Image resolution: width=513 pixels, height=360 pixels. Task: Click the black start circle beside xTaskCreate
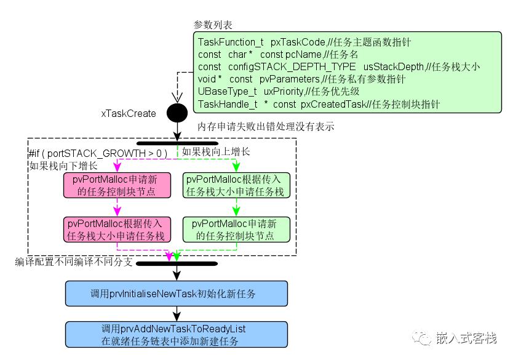coord(177,113)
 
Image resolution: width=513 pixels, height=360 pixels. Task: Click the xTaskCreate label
coord(129,114)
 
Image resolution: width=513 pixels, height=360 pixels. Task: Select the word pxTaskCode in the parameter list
coord(298,42)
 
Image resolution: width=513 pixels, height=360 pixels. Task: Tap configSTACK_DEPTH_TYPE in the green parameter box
coord(292,66)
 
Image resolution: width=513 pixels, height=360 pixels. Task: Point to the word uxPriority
coord(284,92)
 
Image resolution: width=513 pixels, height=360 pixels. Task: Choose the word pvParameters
coord(290,79)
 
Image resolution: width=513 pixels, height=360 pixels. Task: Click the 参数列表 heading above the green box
coord(213,25)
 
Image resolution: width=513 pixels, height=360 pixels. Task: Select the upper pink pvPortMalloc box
coord(117,185)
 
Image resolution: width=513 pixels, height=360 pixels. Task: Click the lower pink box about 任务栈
coord(117,230)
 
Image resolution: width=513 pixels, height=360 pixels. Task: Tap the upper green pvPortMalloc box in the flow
coord(236,185)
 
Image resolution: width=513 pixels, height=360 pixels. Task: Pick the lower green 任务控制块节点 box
coord(236,230)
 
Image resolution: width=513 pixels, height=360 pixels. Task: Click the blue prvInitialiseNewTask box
coord(177,294)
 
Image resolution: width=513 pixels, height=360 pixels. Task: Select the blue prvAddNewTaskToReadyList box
coord(177,335)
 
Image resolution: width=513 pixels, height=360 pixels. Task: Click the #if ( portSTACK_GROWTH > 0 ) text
coord(98,153)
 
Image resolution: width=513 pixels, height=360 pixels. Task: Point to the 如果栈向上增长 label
coord(216,151)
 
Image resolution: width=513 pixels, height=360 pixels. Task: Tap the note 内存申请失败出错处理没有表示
coord(266,126)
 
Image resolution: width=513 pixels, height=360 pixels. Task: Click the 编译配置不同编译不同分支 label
coord(74,262)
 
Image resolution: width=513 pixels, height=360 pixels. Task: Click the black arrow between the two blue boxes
coord(177,314)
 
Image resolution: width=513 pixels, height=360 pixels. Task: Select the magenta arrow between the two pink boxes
coord(117,207)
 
